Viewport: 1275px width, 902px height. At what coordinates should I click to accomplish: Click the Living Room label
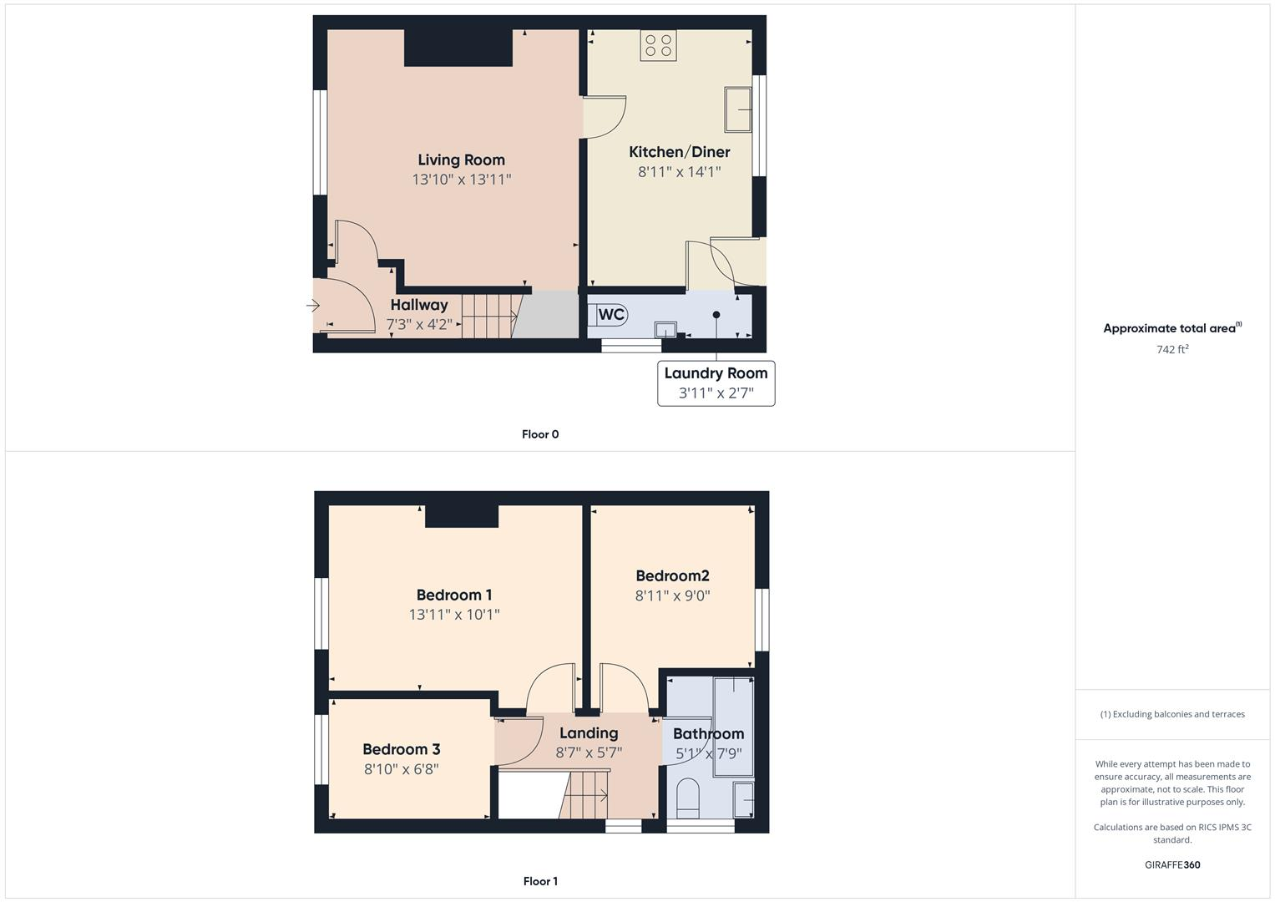click(461, 160)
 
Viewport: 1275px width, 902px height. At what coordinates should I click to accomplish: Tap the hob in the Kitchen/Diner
click(658, 45)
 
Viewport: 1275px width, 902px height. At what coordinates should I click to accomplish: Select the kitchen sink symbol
click(738, 109)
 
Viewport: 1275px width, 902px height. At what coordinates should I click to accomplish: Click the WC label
click(611, 314)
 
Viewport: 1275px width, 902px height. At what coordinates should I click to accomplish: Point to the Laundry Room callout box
click(716, 383)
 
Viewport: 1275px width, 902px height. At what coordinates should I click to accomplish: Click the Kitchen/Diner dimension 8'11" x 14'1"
click(679, 172)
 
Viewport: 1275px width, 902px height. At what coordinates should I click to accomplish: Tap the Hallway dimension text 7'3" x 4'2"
click(419, 324)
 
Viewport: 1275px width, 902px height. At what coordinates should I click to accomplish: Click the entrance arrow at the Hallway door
click(313, 307)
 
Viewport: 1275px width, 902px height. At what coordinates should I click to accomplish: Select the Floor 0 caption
click(540, 434)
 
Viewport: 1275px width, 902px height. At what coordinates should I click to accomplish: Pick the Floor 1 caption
click(540, 881)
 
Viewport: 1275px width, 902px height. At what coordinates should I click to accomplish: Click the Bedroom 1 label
click(454, 595)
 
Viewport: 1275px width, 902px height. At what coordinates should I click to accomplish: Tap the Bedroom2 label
click(672, 575)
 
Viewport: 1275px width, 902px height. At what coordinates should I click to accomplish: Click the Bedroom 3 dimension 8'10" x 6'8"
click(401, 769)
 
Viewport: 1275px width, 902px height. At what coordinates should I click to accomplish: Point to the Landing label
click(589, 733)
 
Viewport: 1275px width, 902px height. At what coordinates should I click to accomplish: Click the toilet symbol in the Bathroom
click(688, 798)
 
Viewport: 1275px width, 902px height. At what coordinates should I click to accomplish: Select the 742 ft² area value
click(1172, 350)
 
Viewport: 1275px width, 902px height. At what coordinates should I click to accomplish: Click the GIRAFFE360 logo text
click(1172, 865)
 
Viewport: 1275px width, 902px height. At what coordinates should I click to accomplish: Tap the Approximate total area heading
click(1171, 328)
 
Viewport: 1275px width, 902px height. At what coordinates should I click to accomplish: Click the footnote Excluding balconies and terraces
click(1172, 714)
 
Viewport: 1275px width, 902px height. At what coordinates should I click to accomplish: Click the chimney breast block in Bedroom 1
click(462, 516)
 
